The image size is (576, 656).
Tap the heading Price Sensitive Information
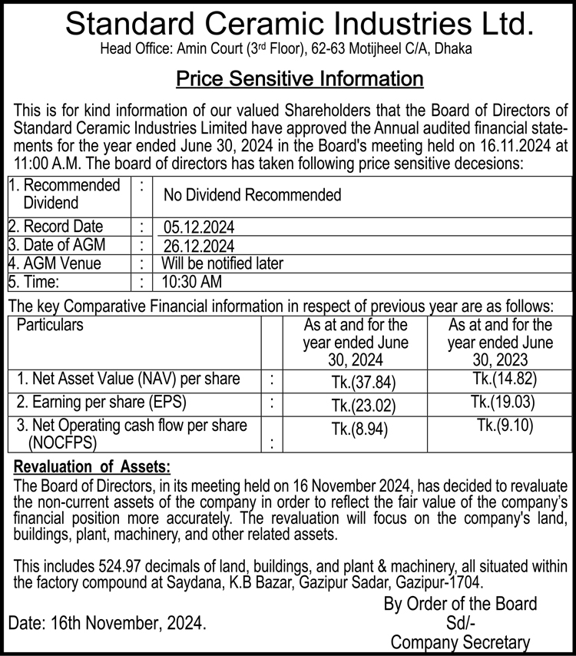point(300,78)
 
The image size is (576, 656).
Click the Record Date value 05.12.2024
point(199,228)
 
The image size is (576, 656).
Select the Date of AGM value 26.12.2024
point(199,246)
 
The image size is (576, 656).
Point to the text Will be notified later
point(223,263)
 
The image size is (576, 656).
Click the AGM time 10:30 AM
point(191,282)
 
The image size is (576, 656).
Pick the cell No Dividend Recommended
point(252,195)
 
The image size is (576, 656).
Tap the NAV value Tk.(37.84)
point(359,383)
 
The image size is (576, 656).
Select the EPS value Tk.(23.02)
point(359,406)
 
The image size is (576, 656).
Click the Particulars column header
point(50,325)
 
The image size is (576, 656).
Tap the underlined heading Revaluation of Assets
point(92,466)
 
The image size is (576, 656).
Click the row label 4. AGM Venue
point(55,263)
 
